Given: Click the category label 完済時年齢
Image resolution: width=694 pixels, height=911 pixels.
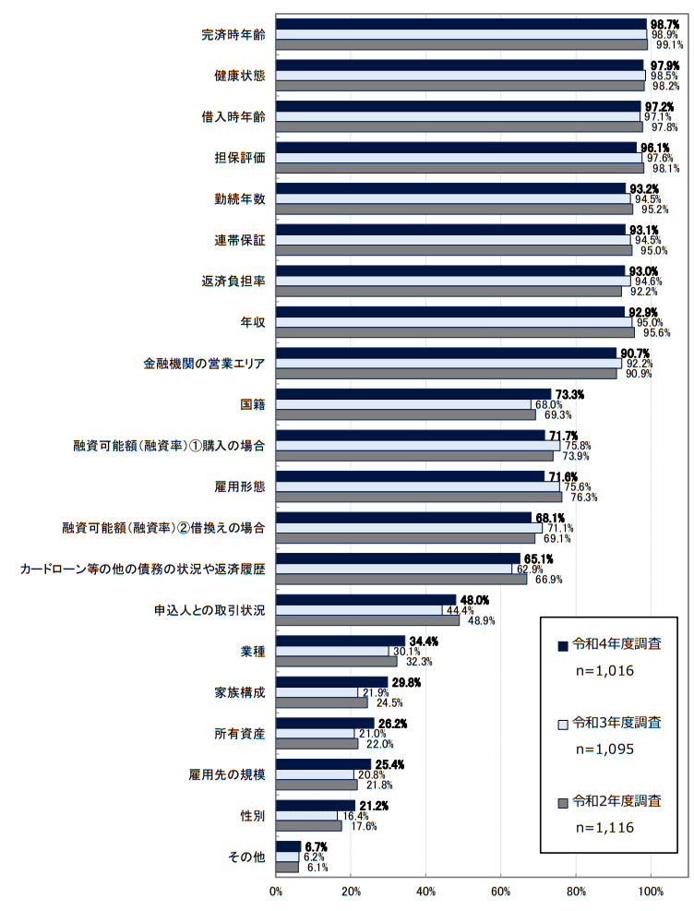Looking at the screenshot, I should [233, 34].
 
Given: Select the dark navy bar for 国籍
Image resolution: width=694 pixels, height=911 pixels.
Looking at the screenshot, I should [413, 394].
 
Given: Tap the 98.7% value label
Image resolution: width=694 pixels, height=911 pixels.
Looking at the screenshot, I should [664, 23].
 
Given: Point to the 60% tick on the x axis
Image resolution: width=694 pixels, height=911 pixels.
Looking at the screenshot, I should [500, 892].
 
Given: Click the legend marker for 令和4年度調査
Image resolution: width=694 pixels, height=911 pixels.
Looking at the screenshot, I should [561, 644].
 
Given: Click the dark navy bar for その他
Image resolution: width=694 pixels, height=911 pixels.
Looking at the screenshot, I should [288, 846].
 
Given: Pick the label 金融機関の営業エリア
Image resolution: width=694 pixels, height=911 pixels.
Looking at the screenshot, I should [197, 364].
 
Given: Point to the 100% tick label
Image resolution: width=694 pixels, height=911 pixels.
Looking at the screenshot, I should [651, 892].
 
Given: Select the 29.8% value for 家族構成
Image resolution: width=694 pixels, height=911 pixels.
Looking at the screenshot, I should [407, 682].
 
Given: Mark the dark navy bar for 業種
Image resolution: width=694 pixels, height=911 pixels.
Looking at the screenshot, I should [341, 641].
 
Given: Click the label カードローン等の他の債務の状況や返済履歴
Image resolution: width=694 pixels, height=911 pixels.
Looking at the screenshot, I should [143, 569].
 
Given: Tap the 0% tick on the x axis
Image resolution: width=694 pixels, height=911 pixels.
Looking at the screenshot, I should [276, 892].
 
